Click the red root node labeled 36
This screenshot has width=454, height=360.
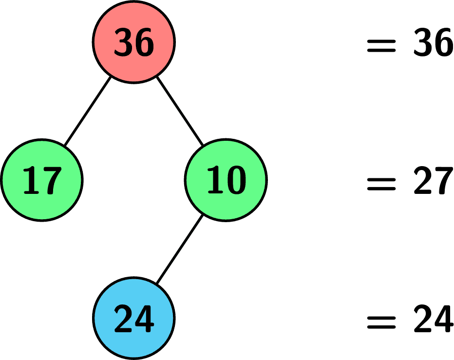click(x=134, y=42)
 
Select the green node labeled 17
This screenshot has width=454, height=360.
click(x=42, y=180)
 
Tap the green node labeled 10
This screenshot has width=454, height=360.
click(x=226, y=180)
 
